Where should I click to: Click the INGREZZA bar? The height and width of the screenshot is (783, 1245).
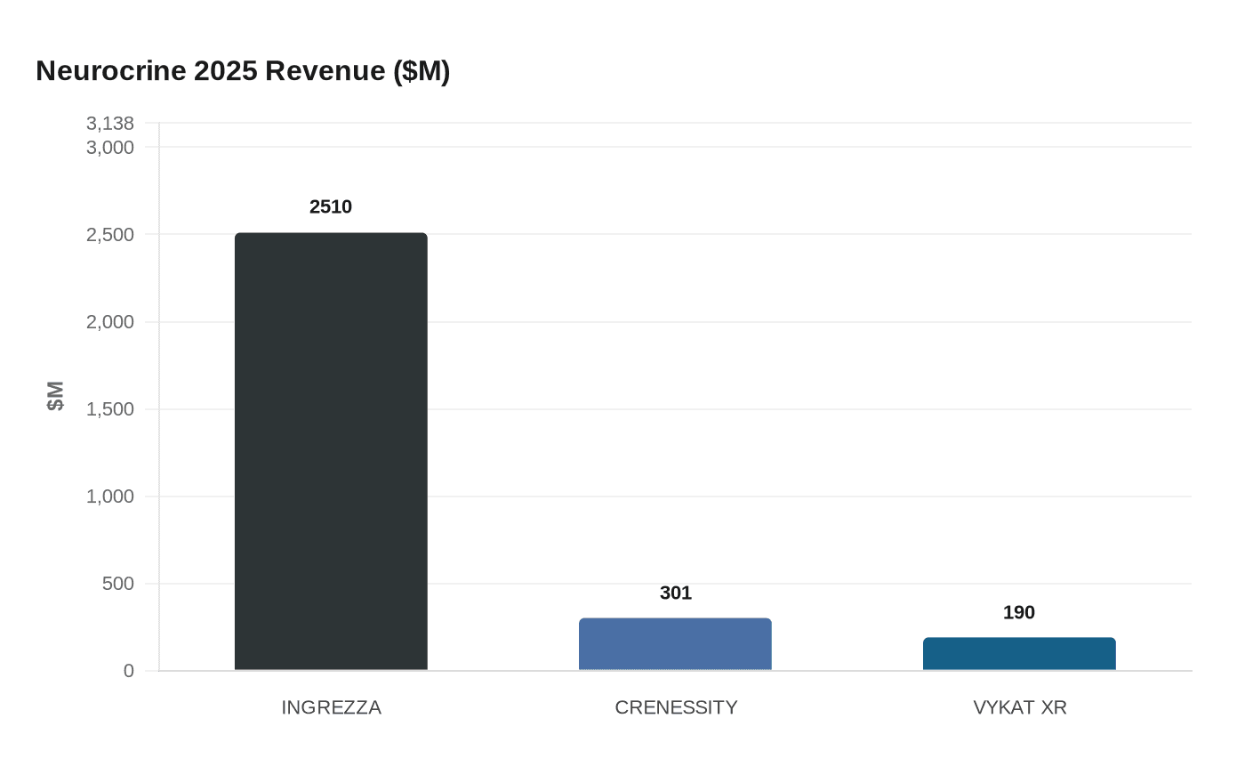coord(331,451)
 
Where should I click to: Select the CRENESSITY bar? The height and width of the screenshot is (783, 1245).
coord(675,644)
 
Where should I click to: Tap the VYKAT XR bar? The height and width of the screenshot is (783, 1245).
coord(1019,654)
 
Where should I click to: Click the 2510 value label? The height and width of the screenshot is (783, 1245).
coord(331,206)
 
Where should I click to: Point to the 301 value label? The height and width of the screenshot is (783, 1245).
coord(676,593)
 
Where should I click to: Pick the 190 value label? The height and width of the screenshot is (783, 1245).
coord(1019,612)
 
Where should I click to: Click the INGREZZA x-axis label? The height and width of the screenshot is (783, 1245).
coord(331,707)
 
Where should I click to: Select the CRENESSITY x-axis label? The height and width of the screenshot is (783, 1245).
coord(676,707)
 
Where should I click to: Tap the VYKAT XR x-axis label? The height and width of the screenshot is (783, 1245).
coord(1020,707)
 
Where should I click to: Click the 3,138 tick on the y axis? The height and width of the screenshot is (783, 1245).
coord(110,124)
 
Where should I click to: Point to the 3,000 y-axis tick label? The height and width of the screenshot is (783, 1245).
coord(110,147)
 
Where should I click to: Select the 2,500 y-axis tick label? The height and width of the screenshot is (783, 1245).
coord(110,235)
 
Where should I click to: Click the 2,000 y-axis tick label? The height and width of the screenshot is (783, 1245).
coord(110,322)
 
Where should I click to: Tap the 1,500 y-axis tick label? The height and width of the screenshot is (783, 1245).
coord(110,409)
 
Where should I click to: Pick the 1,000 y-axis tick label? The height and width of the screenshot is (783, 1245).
coord(110,496)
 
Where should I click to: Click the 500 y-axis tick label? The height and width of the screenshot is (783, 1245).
coord(117,584)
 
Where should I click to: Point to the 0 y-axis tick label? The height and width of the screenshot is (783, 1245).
coord(129,671)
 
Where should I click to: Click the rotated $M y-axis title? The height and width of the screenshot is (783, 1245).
coord(55,396)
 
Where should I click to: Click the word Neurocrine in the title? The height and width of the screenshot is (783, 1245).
coord(111,70)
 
